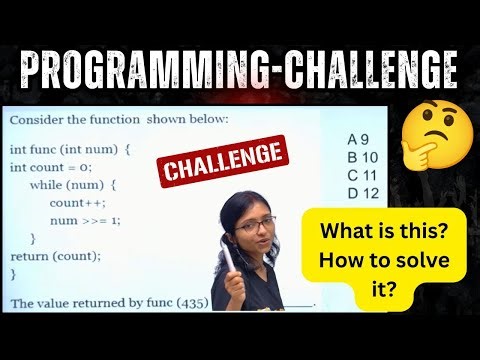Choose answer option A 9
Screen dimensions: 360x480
pyautogui.click(x=359, y=139)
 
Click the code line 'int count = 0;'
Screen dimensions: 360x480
pyautogui.click(x=50, y=167)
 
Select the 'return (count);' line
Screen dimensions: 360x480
pyautogui.click(x=55, y=255)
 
